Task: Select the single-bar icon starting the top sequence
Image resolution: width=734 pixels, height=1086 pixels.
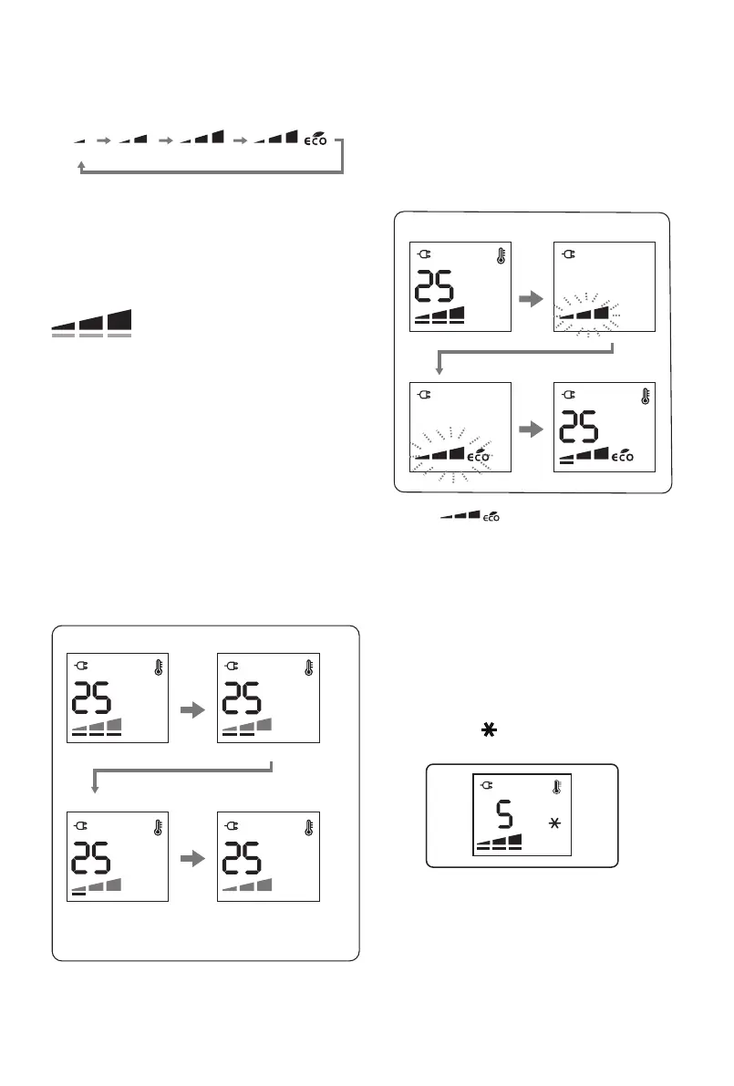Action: pos(78,141)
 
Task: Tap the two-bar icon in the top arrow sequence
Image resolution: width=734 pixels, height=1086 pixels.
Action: pos(133,140)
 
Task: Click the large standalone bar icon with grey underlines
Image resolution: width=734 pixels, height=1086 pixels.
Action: pos(92,324)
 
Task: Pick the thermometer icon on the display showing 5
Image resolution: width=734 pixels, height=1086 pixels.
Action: pos(555,789)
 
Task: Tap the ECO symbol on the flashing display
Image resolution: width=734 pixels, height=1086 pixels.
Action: pos(481,454)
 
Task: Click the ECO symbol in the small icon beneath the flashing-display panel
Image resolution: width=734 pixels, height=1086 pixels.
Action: pos(491,517)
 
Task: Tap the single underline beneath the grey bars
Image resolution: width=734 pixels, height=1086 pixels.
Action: pos(78,895)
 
